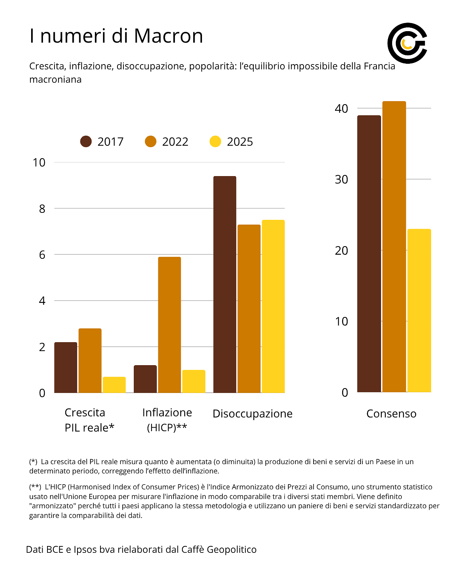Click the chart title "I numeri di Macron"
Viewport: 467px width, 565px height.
tap(116, 36)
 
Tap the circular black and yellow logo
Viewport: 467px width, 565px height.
tap(407, 43)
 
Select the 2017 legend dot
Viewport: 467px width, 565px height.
tap(86, 142)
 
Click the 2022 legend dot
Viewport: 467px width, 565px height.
tap(150, 142)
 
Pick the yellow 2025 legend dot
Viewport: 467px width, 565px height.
tap(215, 142)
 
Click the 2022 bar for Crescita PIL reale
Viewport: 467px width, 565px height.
tap(90, 360)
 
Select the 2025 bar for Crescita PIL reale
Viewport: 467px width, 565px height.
tap(114, 385)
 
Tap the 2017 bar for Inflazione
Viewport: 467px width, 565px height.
tap(145, 379)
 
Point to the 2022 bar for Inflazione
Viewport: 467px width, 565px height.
tap(169, 325)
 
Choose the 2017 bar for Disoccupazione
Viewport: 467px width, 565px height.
tap(225, 284)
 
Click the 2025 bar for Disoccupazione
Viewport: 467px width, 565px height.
tap(273, 306)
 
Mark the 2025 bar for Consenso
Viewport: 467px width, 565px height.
tap(419, 310)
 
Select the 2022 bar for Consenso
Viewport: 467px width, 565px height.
tap(394, 247)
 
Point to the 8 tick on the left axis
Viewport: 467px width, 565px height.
tap(42, 209)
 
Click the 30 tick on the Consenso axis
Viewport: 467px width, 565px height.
tap(341, 179)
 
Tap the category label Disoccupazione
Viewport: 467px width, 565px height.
tap(252, 414)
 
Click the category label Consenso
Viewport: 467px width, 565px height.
tap(391, 414)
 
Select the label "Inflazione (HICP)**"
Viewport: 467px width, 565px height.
tap(167, 420)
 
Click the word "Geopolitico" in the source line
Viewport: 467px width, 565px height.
tap(232, 549)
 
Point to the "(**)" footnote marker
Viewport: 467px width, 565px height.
tap(35, 487)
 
